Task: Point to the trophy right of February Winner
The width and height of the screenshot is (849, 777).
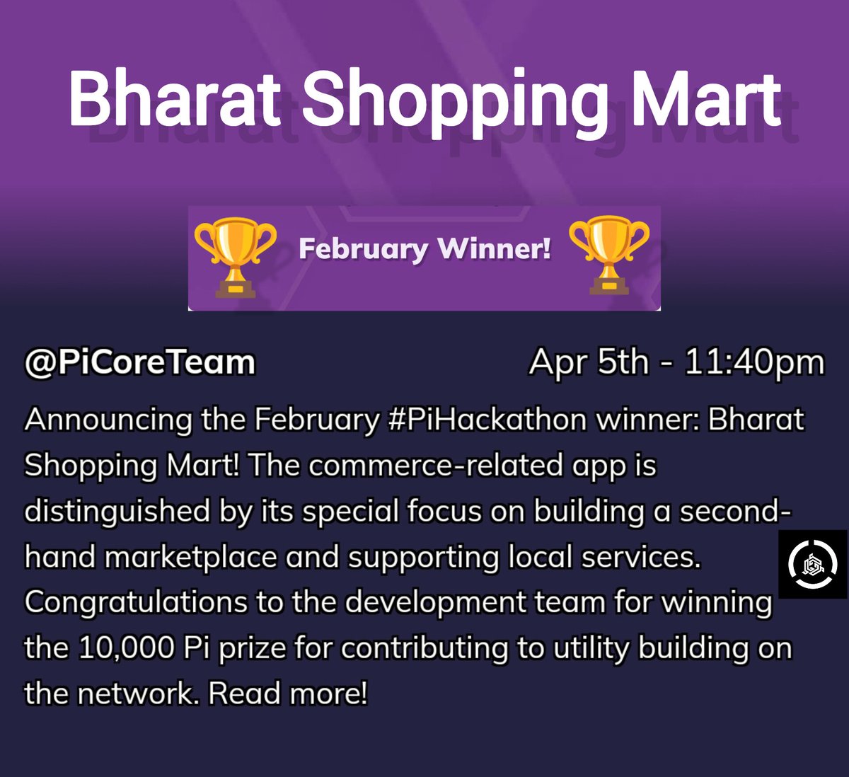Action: (x=609, y=255)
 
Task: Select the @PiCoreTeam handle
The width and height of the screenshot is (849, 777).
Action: (x=139, y=362)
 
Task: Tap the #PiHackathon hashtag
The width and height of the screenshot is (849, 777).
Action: (x=487, y=420)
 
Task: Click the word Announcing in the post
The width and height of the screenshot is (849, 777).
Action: (x=108, y=420)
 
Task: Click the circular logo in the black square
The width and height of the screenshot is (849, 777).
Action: (x=812, y=564)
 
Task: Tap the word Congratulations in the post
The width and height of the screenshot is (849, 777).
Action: (x=135, y=603)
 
